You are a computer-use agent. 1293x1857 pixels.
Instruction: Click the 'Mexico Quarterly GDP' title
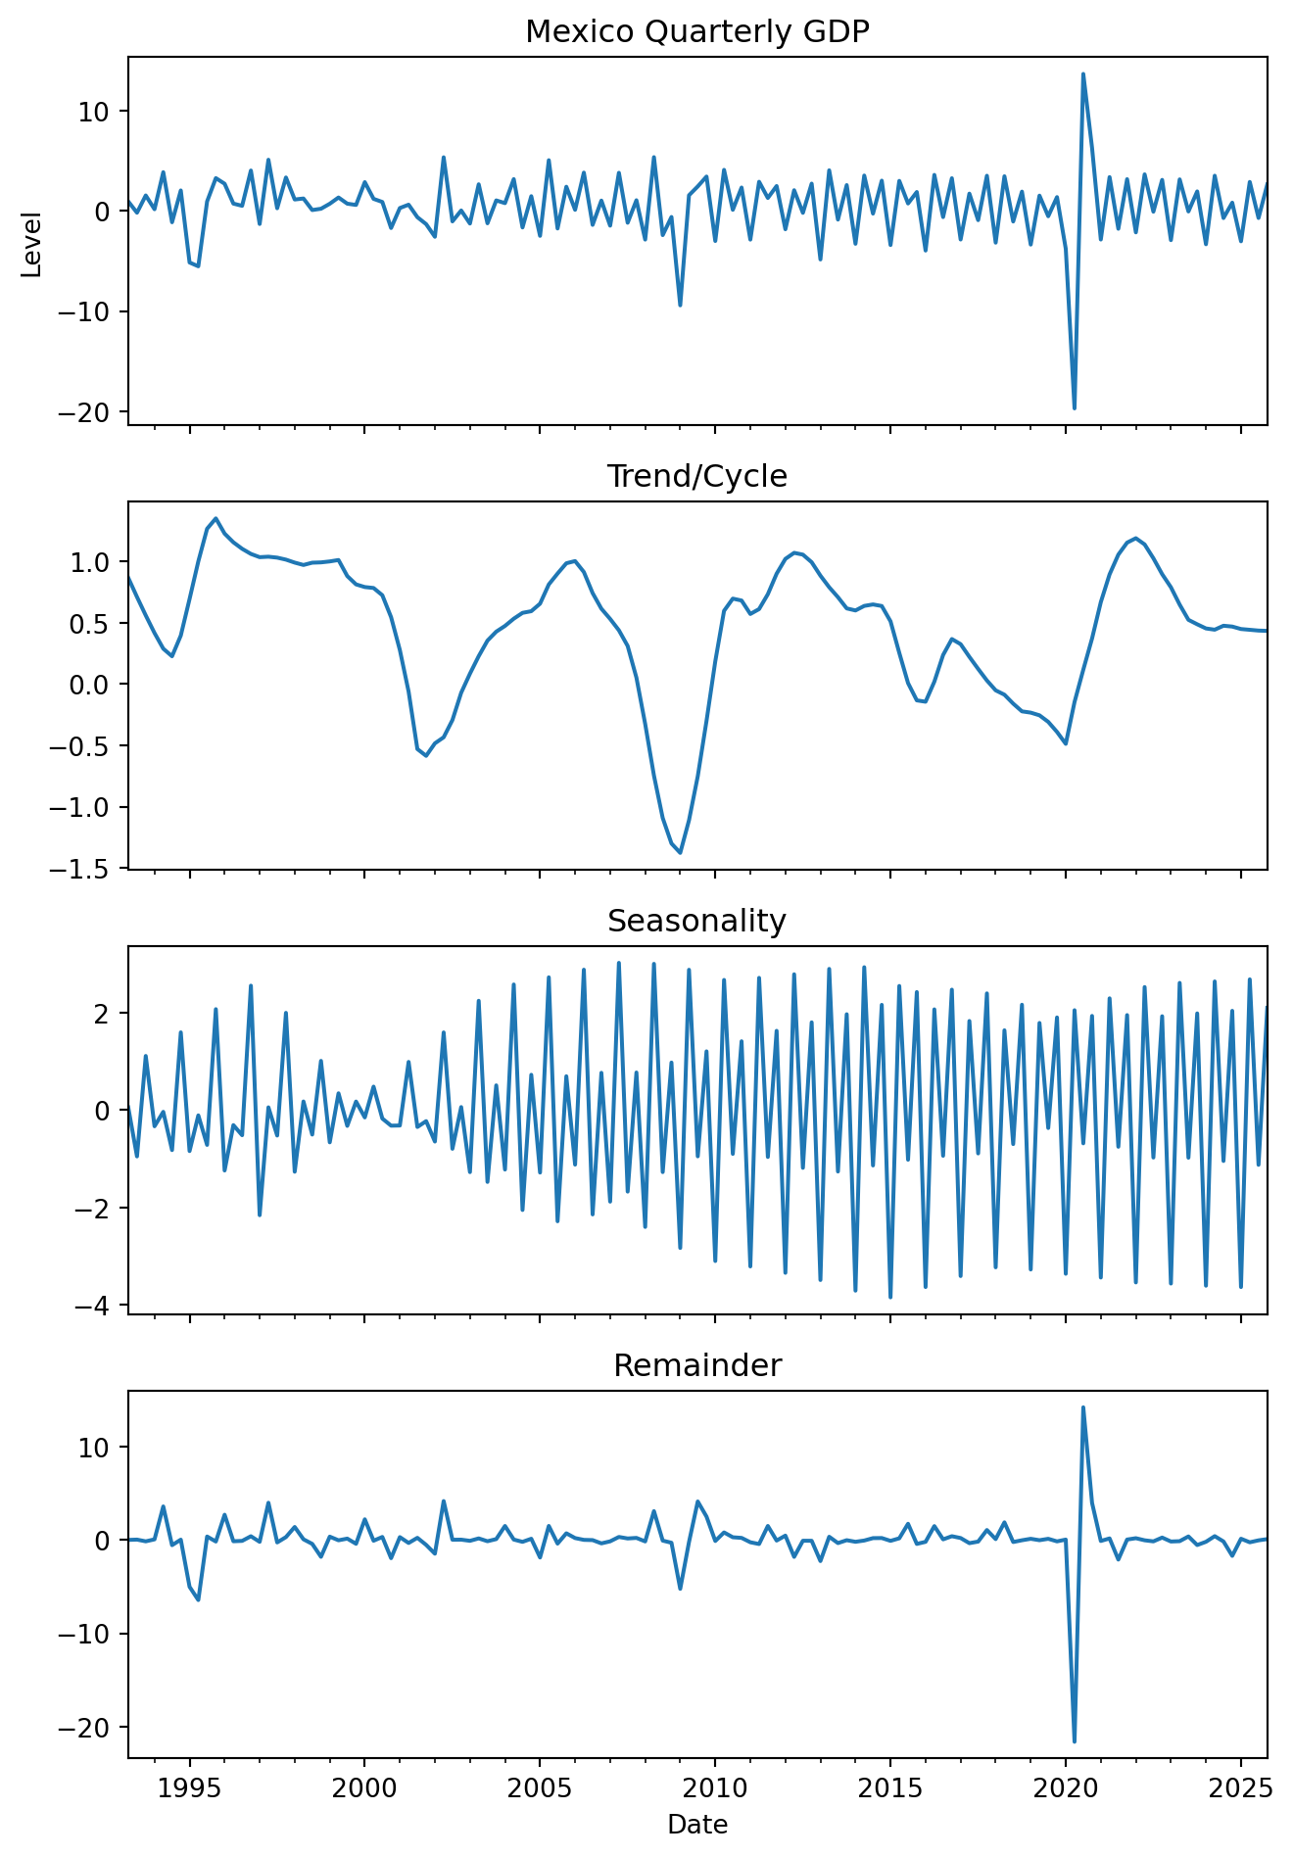point(696,32)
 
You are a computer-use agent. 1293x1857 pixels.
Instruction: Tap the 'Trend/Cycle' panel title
point(696,477)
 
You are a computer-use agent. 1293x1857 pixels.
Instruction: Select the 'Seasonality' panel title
point(696,922)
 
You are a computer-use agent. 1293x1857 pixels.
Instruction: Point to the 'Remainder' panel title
point(696,1365)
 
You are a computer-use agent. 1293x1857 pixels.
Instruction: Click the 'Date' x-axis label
point(696,1825)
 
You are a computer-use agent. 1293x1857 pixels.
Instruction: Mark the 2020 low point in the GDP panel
point(1075,407)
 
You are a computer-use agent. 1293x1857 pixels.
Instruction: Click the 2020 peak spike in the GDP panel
point(1082,73)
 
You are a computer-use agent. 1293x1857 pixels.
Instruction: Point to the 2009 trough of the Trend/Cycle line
point(680,853)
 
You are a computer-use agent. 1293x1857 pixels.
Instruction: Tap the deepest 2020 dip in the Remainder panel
point(1075,1740)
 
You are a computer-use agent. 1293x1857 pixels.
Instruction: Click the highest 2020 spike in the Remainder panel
point(1082,1407)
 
